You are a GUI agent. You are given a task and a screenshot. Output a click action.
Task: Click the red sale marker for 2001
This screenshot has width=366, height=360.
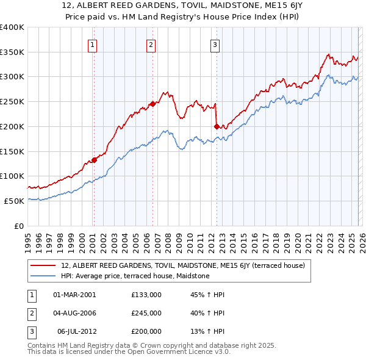94,160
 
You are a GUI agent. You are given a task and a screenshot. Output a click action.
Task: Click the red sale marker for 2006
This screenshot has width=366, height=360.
152,104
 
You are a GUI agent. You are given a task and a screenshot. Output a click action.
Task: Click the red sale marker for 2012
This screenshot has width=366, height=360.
217,126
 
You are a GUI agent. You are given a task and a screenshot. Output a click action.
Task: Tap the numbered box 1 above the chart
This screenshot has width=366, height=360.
93,44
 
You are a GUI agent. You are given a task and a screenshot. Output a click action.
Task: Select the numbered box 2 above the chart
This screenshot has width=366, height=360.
151,44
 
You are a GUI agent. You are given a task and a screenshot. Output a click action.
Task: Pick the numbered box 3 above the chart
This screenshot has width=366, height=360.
215,44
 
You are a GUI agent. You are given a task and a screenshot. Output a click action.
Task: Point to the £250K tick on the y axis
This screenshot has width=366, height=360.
12,101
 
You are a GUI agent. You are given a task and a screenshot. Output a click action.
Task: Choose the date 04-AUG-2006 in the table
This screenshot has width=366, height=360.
75,313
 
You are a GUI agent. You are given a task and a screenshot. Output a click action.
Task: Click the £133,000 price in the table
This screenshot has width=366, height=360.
146,295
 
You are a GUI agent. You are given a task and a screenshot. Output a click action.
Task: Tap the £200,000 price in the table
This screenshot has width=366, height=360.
146,331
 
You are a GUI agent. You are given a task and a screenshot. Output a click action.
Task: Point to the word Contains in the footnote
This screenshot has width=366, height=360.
42,345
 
